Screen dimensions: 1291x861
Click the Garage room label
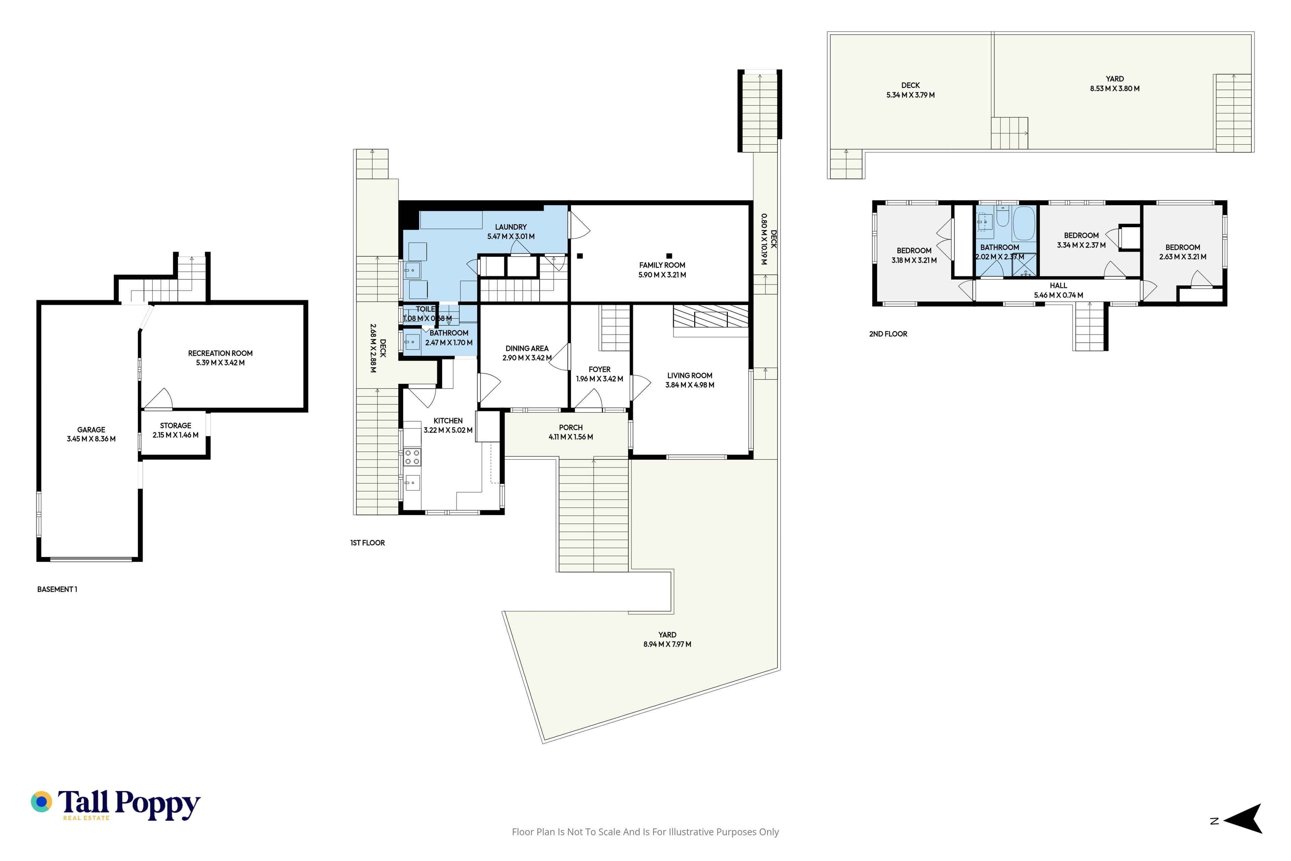tap(91, 430)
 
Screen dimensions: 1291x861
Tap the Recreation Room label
tap(220, 353)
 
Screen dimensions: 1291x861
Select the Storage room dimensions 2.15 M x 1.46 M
tap(175, 435)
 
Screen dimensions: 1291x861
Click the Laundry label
tap(510, 227)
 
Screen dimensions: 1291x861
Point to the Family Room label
tap(662, 265)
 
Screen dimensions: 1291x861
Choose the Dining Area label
tap(527, 348)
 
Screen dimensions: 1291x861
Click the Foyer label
tap(599, 370)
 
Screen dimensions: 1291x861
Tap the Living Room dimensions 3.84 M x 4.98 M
tap(690, 385)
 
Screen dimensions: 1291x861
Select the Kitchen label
tap(448, 421)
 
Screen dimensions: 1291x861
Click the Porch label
tap(571, 427)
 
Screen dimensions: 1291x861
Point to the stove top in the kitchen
tap(412, 457)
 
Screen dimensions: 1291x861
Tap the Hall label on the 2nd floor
tap(1058, 286)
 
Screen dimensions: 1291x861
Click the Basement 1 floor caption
tap(57, 589)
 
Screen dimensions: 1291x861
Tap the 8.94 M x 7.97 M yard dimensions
tap(667, 644)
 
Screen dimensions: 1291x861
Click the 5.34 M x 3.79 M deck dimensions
tap(911, 95)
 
